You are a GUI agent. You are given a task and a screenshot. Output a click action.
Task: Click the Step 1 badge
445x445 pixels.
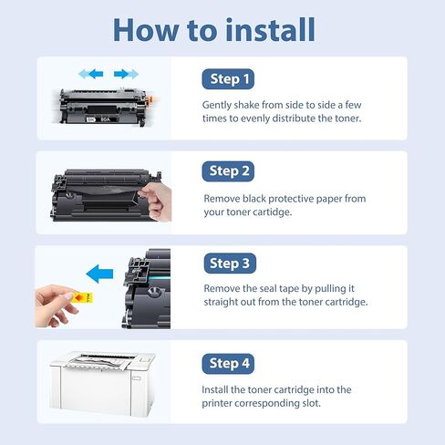pyautogui.click(x=228, y=79)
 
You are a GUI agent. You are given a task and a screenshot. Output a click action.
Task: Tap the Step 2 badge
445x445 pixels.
pyautogui.click(x=228, y=171)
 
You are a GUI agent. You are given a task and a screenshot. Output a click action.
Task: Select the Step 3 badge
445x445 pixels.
pyautogui.click(x=230, y=264)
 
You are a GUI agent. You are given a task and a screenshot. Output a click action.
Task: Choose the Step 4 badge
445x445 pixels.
pyautogui.click(x=228, y=364)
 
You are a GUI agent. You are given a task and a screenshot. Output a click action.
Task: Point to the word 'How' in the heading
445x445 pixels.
pyautogui.click(x=146, y=30)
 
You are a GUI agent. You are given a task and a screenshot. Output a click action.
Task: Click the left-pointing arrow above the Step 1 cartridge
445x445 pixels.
pyautogui.click(x=91, y=74)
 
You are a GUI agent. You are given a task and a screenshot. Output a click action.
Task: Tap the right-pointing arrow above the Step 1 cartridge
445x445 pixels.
pyautogui.click(x=126, y=74)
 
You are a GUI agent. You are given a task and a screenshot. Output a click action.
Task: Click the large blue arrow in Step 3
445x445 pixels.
pyautogui.click(x=99, y=274)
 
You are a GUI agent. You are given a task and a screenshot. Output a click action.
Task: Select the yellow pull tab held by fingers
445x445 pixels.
pyautogui.click(x=83, y=298)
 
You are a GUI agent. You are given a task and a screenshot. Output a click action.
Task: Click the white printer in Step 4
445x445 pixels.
pyautogui.click(x=102, y=384)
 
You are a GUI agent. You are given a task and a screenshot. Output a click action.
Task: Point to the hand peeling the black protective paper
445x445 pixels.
pyautogui.click(x=156, y=202)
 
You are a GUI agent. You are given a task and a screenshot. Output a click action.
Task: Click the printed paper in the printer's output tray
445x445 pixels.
pyautogui.click(x=98, y=363)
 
